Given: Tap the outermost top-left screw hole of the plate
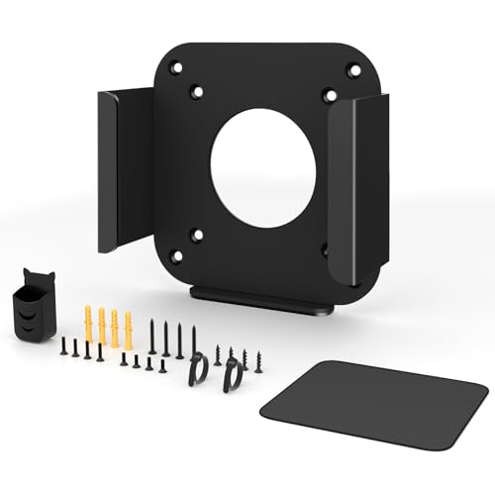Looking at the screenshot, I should click(176, 70).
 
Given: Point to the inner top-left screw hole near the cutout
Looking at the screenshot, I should click(197, 91).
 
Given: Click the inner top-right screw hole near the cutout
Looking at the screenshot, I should click(329, 95).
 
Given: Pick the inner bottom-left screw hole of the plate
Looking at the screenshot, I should click(197, 236).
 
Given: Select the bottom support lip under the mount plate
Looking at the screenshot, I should click(260, 299).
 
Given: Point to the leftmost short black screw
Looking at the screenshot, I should click(62, 346).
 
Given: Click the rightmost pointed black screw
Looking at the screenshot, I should click(258, 360).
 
